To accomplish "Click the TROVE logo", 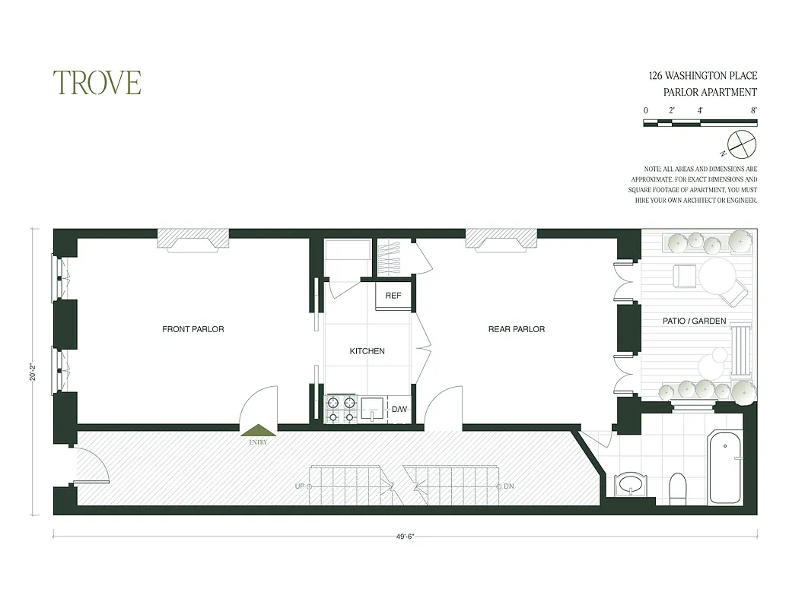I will [x=97, y=83].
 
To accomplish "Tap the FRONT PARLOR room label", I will [x=193, y=329].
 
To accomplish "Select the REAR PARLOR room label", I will [x=517, y=329].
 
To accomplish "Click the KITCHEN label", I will [x=367, y=351].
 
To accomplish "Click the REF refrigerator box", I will [x=393, y=296].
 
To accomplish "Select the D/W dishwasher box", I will [x=399, y=410].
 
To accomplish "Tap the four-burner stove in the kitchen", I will [x=342, y=409].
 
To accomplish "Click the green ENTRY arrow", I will [x=258, y=431].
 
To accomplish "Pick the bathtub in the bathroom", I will [x=724, y=468].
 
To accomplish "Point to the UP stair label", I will [x=300, y=486].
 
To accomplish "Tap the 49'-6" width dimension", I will [x=406, y=536].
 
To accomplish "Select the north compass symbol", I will [x=740, y=143].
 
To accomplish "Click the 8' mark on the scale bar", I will [x=753, y=110].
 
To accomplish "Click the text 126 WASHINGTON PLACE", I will [x=702, y=76].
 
